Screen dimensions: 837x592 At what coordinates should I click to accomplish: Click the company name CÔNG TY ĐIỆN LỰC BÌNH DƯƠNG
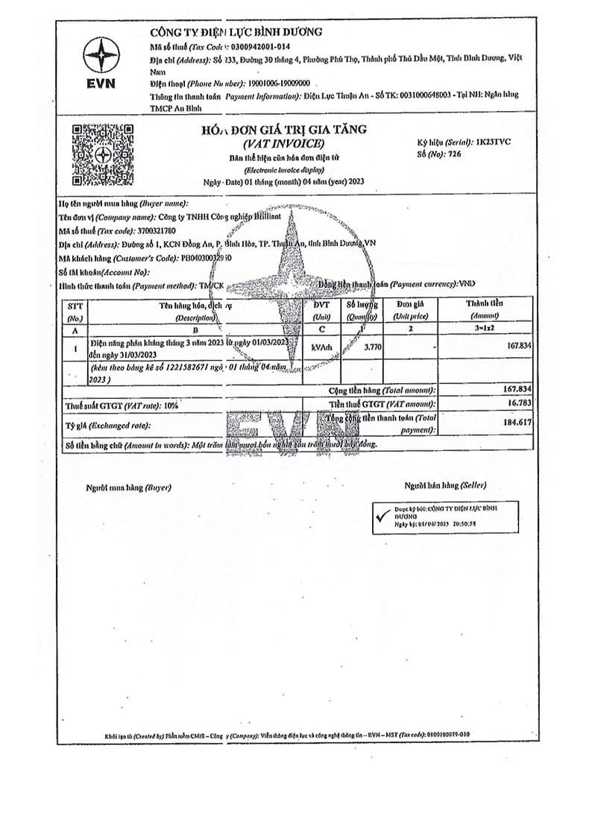(236, 32)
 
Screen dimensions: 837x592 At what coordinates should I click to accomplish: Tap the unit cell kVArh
(321, 346)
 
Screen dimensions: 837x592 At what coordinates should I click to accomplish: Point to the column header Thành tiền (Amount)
(484, 309)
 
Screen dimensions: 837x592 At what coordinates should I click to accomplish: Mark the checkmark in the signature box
(383, 515)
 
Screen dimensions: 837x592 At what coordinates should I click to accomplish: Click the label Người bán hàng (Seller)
(444, 484)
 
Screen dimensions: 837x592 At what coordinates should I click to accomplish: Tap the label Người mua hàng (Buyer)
(128, 487)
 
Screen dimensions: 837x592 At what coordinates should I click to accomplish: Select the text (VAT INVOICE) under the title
(283, 143)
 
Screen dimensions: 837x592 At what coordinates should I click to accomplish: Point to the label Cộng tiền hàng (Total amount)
(382, 391)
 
